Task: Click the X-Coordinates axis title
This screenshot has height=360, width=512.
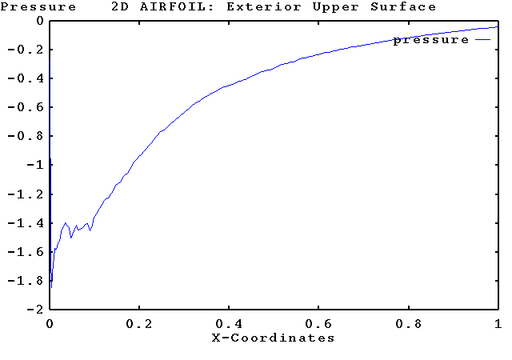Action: pos(273,338)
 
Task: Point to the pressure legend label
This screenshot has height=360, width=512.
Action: pos(430,40)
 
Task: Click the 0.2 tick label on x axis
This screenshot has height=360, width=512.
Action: pos(139,324)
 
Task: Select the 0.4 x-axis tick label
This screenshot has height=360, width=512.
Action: pos(229,324)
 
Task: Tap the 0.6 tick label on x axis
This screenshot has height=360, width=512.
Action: pos(318,324)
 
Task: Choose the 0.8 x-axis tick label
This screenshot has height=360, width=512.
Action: pos(408,324)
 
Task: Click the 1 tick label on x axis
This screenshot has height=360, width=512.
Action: pos(498,324)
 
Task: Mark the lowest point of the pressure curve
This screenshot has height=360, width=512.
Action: pos(51,286)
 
